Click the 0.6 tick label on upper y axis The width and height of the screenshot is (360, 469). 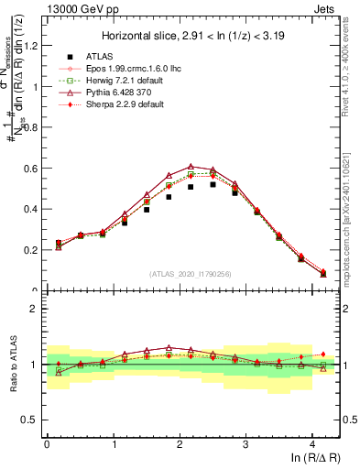point(32,169)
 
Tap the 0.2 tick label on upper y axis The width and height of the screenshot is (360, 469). point(32,250)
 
